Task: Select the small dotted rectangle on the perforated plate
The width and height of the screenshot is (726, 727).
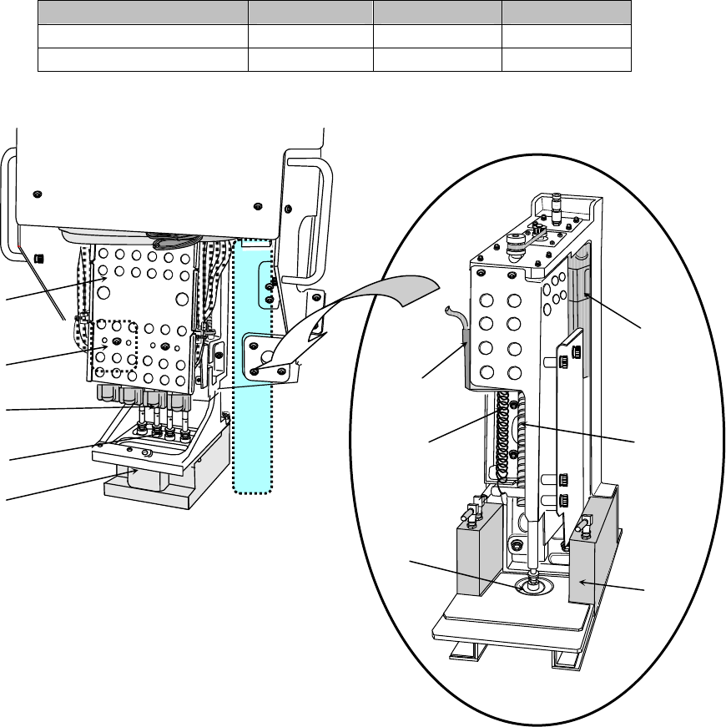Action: point(112,344)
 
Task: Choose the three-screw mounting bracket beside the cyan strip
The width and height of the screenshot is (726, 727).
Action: point(269,354)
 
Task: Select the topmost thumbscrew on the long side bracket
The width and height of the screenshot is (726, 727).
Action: point(563,361)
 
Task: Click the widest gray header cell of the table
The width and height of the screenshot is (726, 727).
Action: point(144,13)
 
